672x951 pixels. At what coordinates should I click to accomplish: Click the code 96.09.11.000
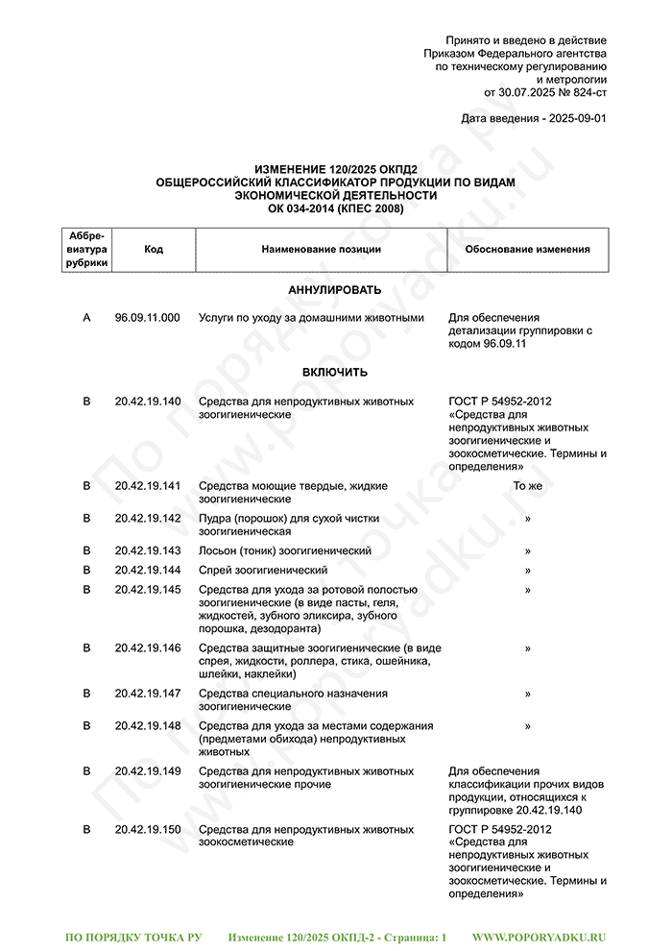point(147,317)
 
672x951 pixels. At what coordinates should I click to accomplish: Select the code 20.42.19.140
point(147,401)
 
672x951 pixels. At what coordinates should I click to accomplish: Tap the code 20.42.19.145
point(147,589)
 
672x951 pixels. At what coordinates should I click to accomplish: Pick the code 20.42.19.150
point(147,829)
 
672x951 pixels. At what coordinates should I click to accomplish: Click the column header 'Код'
point(154,250)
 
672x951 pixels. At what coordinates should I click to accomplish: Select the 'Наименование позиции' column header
point(321,250)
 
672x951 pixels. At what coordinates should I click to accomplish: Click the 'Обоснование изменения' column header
point(527,250)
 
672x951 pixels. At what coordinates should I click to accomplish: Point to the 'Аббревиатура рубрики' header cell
point(87,250)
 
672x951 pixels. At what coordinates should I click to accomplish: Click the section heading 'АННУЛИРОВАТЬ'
point(335,290)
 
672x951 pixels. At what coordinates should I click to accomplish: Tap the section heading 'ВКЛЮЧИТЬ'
point(335,373)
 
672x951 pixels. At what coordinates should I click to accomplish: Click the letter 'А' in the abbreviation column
point(87,317)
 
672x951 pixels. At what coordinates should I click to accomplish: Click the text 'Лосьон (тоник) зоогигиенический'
point(285,550)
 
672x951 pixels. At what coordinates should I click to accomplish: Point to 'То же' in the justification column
point(527,486)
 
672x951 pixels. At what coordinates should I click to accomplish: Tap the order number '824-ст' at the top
point(584,93)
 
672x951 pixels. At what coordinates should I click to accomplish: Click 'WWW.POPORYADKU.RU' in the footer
point(540,936)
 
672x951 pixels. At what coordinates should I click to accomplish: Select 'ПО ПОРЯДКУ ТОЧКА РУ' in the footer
point(132,936)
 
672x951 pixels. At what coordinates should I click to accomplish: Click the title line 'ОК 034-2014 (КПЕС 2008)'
point(335,208)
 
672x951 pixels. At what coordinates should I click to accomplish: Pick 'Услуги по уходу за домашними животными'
point(310,317)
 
